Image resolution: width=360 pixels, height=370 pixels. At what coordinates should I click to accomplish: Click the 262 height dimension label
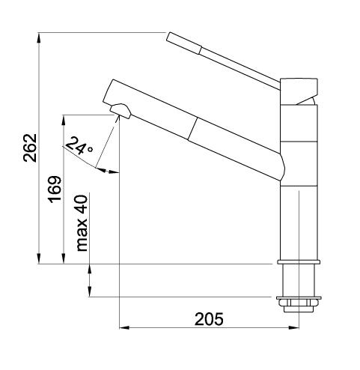click(x=30, y=148)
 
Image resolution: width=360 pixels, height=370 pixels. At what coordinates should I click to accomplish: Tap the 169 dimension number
click(x=55, y=189)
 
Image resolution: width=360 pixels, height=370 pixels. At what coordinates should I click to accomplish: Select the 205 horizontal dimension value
click(x=209, y=319)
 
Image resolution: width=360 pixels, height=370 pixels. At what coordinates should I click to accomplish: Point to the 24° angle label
click(x=79, y=145)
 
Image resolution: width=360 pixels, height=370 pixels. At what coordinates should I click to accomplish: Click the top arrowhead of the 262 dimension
click(x=39, y=37)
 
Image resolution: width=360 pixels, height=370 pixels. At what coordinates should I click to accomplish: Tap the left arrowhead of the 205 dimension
click(x=124, y=327)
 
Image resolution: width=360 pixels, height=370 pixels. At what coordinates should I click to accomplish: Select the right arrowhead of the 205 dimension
click(x=293, y=327)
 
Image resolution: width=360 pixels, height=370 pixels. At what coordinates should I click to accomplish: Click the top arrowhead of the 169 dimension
click(x=64, y=120)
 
